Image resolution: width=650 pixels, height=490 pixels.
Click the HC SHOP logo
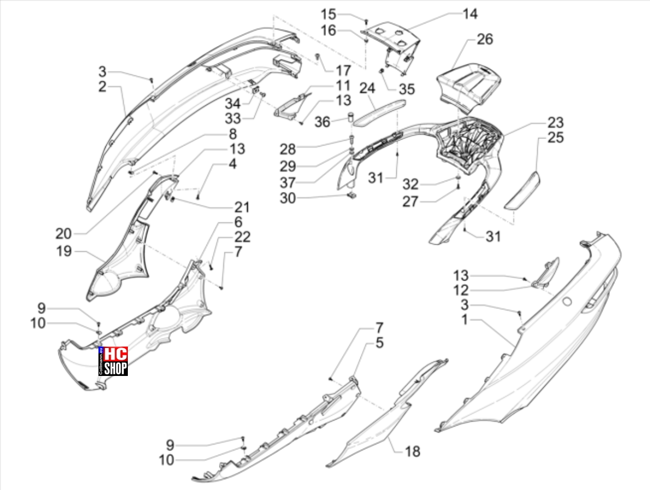(x=113, y=361)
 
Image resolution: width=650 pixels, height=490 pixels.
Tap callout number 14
(x=470, y=14)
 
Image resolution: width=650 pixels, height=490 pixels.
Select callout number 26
(x=485, y=39)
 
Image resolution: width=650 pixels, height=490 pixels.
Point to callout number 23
(x=555, y=122)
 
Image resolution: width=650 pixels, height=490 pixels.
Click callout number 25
(x=555, y=137)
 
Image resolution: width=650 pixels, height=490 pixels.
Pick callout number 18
(x=412, y=451)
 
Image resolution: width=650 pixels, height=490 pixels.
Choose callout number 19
(x=64, y=251)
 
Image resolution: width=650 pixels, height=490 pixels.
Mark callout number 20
(x=64, y=234)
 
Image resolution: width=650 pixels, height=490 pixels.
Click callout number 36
(x=322, y=122)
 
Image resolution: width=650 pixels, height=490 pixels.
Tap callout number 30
(x=288, y=198)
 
